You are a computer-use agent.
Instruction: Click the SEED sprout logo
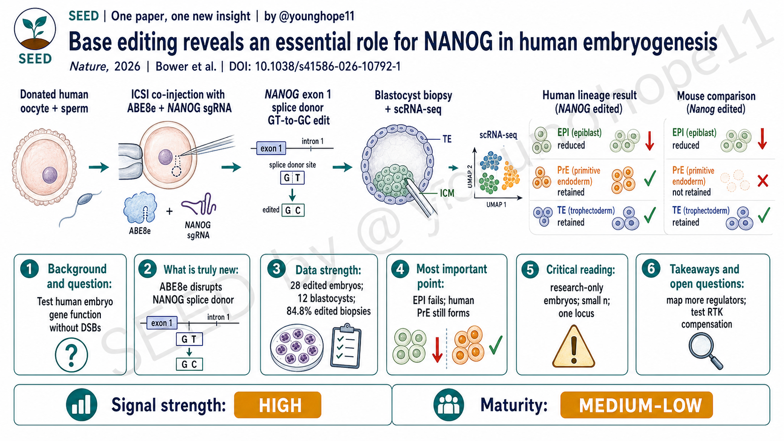[x=35, y=30]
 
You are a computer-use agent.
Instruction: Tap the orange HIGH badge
[x=278, y=405]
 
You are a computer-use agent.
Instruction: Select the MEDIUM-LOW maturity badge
[x=636, y=405]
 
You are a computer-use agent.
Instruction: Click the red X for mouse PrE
[x=762, y=181]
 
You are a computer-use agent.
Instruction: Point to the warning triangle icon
[x=573, y=346]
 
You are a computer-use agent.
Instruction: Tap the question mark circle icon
[x=71, y=355]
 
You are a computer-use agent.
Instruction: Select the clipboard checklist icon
[x=346, y=346]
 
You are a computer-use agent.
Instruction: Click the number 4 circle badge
[x=400, y=269]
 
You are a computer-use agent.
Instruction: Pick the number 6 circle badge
[x=651, y=269]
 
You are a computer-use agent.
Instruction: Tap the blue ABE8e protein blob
[x=140, y=208]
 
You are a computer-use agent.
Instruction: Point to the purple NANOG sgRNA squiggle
[x=199, y=204]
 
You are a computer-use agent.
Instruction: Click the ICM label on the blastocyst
[x=447, y=193]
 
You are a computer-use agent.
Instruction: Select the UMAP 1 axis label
[x=496, y=205]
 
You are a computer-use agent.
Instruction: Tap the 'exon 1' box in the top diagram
[x=271, y=148]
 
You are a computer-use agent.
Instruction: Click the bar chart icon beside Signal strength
[x=82, y=404]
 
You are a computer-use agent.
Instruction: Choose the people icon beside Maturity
[x=448, y=404]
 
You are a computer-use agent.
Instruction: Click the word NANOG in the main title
[x=458, y=42]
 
